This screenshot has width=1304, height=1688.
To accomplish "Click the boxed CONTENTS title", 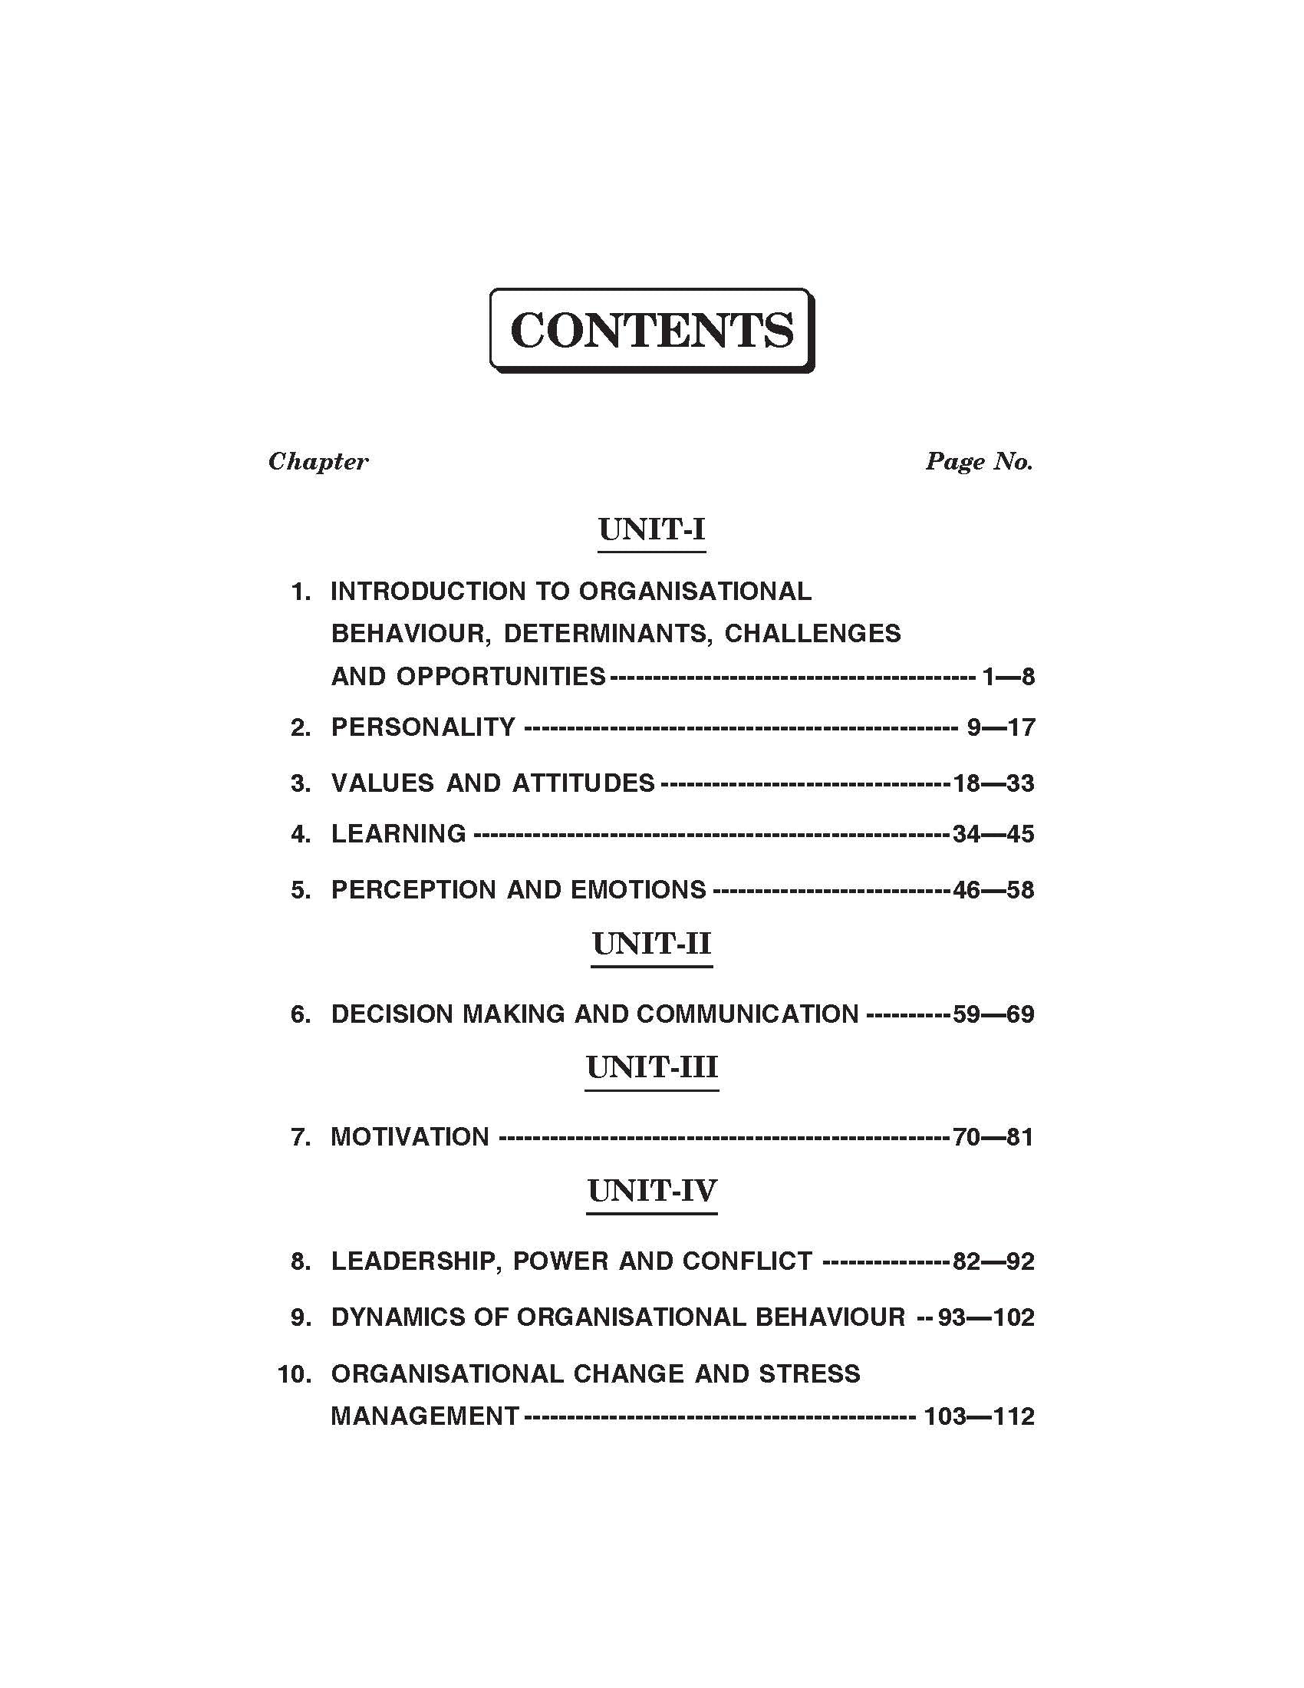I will click(651, 331).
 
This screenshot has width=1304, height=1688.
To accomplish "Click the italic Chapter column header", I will click(318, 461).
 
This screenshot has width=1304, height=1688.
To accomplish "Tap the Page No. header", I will click(979, 461).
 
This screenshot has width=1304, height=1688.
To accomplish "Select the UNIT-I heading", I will click(651, 529).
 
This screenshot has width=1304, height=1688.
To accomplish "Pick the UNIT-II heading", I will click(651, 944).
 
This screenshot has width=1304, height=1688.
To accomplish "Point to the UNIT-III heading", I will click(651, 1067).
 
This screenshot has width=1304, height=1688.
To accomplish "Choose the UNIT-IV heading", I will click(651, 1191).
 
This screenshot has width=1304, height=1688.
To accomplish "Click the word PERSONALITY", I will click(423, 727).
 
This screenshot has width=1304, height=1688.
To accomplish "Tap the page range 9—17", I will click(1000, 727).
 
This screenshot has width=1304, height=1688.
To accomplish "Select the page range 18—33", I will click(993, 783).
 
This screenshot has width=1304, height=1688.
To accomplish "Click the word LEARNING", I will click(398, 834).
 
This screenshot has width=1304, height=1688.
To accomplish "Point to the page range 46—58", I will click(993, 890).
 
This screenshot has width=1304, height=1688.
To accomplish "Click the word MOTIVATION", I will click(410, 1137).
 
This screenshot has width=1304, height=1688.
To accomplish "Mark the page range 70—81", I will click(993, 1137).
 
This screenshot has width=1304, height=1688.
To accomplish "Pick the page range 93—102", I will click(986, 1317).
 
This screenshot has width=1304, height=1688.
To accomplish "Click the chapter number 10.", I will click(294, 1374).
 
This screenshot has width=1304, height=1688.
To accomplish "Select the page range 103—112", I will click(979, 1416).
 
